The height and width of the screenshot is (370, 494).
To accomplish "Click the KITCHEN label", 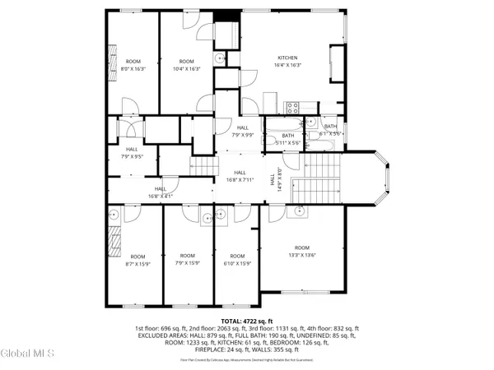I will click(287, 58).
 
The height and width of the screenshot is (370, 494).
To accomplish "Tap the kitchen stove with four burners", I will click(292, 106).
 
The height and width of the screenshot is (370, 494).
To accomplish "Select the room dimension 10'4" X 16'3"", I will click(186, 69).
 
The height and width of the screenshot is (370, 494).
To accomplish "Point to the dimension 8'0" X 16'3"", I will click(133, 69).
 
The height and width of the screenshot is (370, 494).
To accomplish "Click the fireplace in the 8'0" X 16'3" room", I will click(112, 58).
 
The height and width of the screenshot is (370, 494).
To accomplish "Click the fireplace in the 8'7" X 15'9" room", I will click(112, 245).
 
